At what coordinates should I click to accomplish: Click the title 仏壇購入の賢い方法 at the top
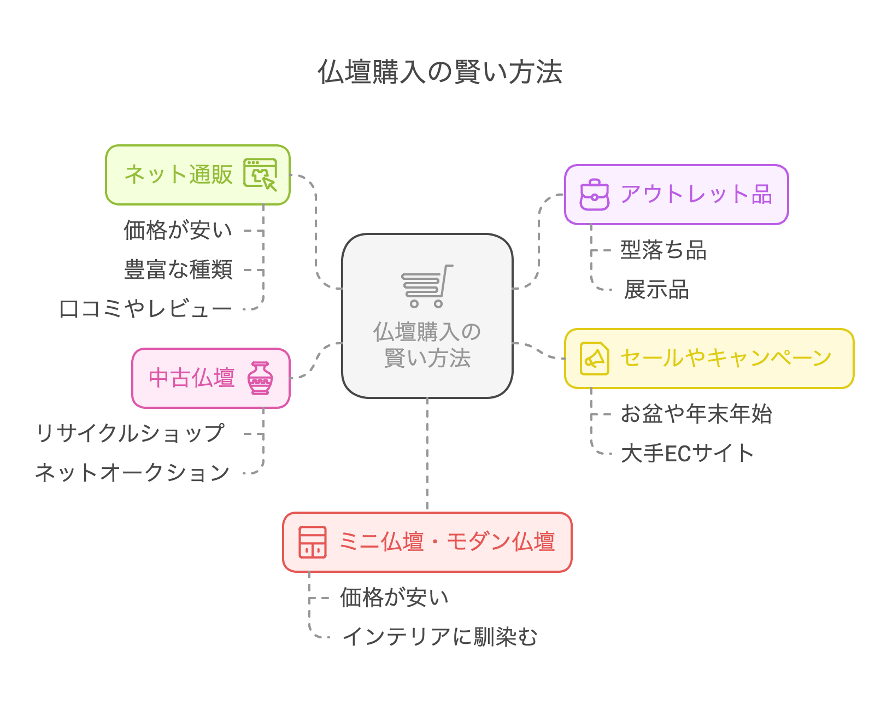click(440, 72)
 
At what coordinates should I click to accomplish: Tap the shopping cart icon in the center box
click(427, 286)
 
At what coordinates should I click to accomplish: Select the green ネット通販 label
click(179, 175)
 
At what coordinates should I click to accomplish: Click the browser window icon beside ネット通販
click(260, 174)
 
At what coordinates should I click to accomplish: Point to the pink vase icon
click(260, 378)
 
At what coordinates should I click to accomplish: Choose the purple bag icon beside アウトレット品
click(594, 195)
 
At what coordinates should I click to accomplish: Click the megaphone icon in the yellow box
click(594, 359)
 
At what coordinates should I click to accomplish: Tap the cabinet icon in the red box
click(313, 542)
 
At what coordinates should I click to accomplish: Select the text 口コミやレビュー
click(145, 309)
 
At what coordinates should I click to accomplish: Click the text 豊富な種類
click(178, 270)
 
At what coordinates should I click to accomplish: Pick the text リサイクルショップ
click(130, 434)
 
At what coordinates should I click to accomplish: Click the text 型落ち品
click(663, 250)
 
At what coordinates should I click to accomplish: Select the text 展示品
click(656, 290)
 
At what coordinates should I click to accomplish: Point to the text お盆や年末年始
click(696, 414)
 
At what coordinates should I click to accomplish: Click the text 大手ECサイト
click(688, 454)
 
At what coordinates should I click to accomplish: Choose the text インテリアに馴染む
click(440, 637)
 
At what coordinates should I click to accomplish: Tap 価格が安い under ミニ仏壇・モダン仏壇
click(394, 598)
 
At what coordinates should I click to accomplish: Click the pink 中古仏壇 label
click(191, 378)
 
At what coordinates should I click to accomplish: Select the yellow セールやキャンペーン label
click(726, 359)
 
